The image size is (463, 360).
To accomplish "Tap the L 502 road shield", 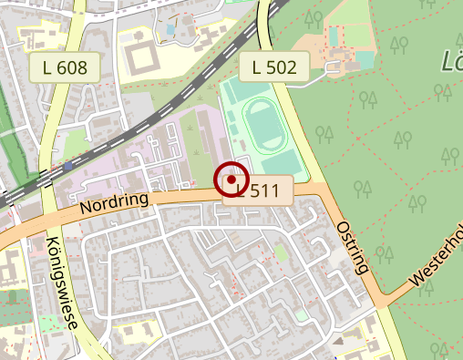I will (274, 66).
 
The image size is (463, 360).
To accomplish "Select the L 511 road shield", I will (265, 190).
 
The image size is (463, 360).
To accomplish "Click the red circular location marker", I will (232, 180).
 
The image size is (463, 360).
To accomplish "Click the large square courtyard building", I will (142, 57).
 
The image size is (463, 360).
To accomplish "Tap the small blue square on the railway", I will (68, 167).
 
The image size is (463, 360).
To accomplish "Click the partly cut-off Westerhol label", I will (437, 260).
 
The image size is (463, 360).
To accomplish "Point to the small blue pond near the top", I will (170, 29).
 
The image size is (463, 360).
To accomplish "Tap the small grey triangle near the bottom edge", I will (338, 342).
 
